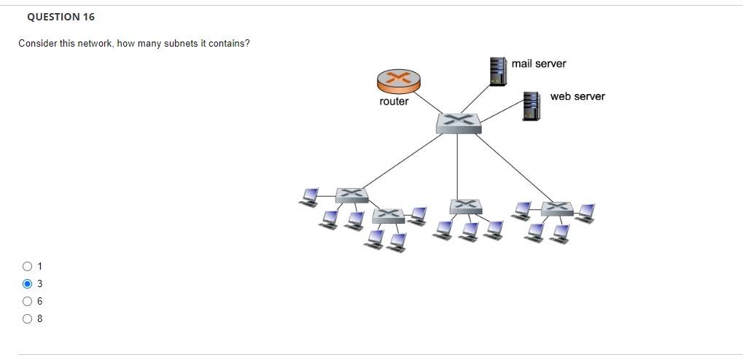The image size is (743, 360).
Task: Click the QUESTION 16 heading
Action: pyautogui.click(x=61, y=17)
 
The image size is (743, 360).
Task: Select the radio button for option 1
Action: pyautogui.click(x=28, y=266)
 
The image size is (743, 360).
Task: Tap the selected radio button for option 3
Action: pyautogui.click(x=28, y=283)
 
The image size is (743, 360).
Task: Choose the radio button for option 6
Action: pyautogui.click(x=28, y=301)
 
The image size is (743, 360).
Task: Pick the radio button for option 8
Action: pyautogui.click(x=28, y=318)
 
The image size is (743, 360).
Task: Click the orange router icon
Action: pyautogui.click(x=398, y=81)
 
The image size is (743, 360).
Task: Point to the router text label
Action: pyautogui.click(x=394, y=101)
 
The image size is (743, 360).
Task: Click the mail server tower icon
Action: pyautogui.click(x=497, y=71)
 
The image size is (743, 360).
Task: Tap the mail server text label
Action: pyautogui.click(x=538, y=63)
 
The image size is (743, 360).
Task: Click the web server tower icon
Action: pyautogui.click(x=530, y=106)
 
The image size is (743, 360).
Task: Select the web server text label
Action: pyautogui.click(x=577, y=96)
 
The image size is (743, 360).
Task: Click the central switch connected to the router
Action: pyautogui.click(x=458, y=122)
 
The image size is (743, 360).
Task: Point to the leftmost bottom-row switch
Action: pyautogui.click(x=351, y=195)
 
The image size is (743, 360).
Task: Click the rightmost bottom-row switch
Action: pyautogui.click(x=556, y=208)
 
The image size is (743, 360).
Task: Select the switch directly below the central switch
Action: pyautogui.click(x=465, y=206)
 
